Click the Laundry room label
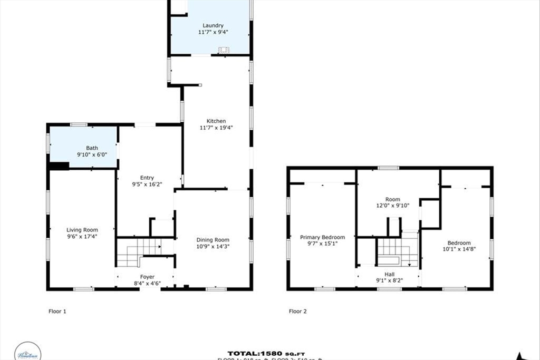[x=213, y=25]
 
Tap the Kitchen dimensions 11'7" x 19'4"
[x=213, y=128]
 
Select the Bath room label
[x=92, y=148]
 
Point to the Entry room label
[x=147, y=178]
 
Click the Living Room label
[x=82, y=230]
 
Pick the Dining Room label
[x=213, y=240]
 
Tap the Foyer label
[x=147, y=277]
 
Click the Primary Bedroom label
[x=323, y=237]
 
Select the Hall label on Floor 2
[x=389, y=274]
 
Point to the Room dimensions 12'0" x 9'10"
[x=392, y=206]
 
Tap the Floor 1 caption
[x=57, y=312]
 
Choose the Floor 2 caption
[x=298, y=312]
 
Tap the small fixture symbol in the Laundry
[x=224, y=51]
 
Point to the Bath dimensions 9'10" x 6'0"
[x=92, y=155]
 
